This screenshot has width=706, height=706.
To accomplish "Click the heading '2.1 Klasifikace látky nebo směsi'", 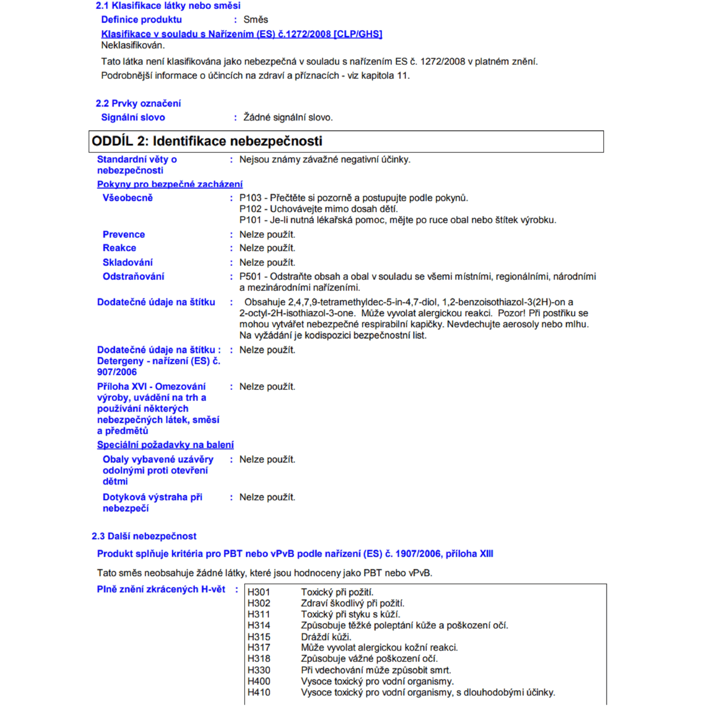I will coord(168,6).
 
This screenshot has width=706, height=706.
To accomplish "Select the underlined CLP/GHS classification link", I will coord(241,34).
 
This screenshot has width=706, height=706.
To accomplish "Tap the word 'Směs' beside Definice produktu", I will coord(256,20).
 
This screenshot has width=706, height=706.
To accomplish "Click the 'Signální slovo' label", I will coord(133,118).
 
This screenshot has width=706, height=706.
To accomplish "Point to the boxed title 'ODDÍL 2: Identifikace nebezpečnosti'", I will coord(207,141).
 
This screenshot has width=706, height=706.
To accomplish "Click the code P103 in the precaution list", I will coord(250,198).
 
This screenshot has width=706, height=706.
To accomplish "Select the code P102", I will coord(250,209).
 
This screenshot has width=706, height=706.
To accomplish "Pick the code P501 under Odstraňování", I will coord(250,277).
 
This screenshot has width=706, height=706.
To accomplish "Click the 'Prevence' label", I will coord(124,234).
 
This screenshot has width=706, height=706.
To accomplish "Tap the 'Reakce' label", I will coord(120,248).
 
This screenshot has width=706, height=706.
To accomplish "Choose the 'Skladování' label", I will coord(128,263).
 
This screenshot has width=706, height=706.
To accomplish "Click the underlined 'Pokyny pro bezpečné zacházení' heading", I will coord(170,185).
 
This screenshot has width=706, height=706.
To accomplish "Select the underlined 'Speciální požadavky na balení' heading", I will coord(165,445).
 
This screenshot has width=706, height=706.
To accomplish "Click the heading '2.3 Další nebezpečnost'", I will coord(144,536).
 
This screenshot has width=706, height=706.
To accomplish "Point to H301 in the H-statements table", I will coord(259,592).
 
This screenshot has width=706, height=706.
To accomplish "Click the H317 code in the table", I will coord(259,648).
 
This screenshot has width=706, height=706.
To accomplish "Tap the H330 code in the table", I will coord(259,670).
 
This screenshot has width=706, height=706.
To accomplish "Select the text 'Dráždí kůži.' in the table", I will coord(326,637).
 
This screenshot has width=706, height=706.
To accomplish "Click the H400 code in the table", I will coord(259,682).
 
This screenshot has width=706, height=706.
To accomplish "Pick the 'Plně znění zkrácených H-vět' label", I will coord(161,589).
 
